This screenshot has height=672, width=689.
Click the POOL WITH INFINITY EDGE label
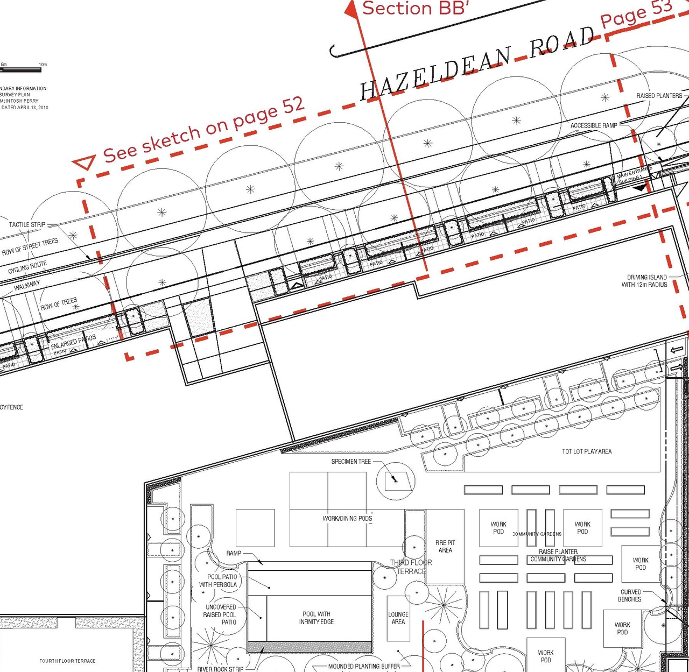click(317, 618)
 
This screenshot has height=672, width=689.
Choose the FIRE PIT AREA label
click(445, 546)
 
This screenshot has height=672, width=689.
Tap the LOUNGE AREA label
click(398, 618)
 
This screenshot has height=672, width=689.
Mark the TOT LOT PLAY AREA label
click(587, 451)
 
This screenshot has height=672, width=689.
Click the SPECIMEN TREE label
click(351, 462)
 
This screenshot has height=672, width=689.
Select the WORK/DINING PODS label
click(347, 518)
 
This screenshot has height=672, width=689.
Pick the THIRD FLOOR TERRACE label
click(411, 567)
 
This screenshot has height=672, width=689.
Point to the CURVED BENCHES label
click(630, 596)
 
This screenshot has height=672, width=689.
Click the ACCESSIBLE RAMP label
click(594, 125)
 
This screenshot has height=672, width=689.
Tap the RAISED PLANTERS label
click(659, 96)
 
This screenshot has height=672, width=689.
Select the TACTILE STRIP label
click(27, 224)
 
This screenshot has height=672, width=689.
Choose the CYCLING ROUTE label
click(27, 267)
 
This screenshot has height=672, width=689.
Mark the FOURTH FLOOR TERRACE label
click(67, 661)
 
